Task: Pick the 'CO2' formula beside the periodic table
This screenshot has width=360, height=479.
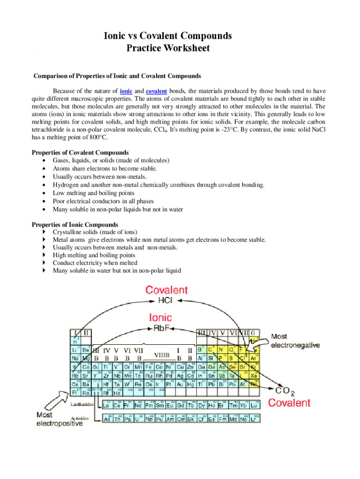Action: tap(285, 391)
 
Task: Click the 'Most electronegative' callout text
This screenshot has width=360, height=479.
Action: tap(295, 341)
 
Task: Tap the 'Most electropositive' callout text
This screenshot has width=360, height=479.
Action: tap(59, 419)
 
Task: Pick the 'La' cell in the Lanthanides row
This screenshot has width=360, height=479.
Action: tap(107, 405)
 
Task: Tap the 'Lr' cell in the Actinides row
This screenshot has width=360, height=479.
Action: tap(254, 419)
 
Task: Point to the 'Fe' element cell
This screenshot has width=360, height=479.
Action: tap(149, 367)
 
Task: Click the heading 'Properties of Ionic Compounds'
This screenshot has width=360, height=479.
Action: tap(75, 225)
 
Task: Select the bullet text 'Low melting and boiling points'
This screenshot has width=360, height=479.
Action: tap(94, 193)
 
